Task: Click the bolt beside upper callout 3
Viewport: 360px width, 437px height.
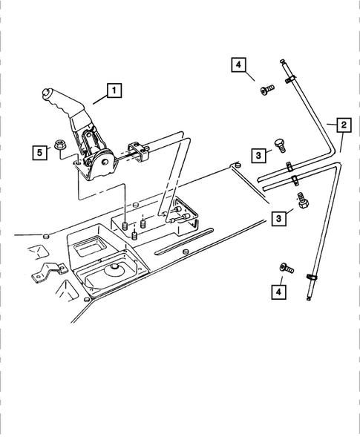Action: point(281,145)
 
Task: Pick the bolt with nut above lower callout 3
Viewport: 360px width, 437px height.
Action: point(301,200)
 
